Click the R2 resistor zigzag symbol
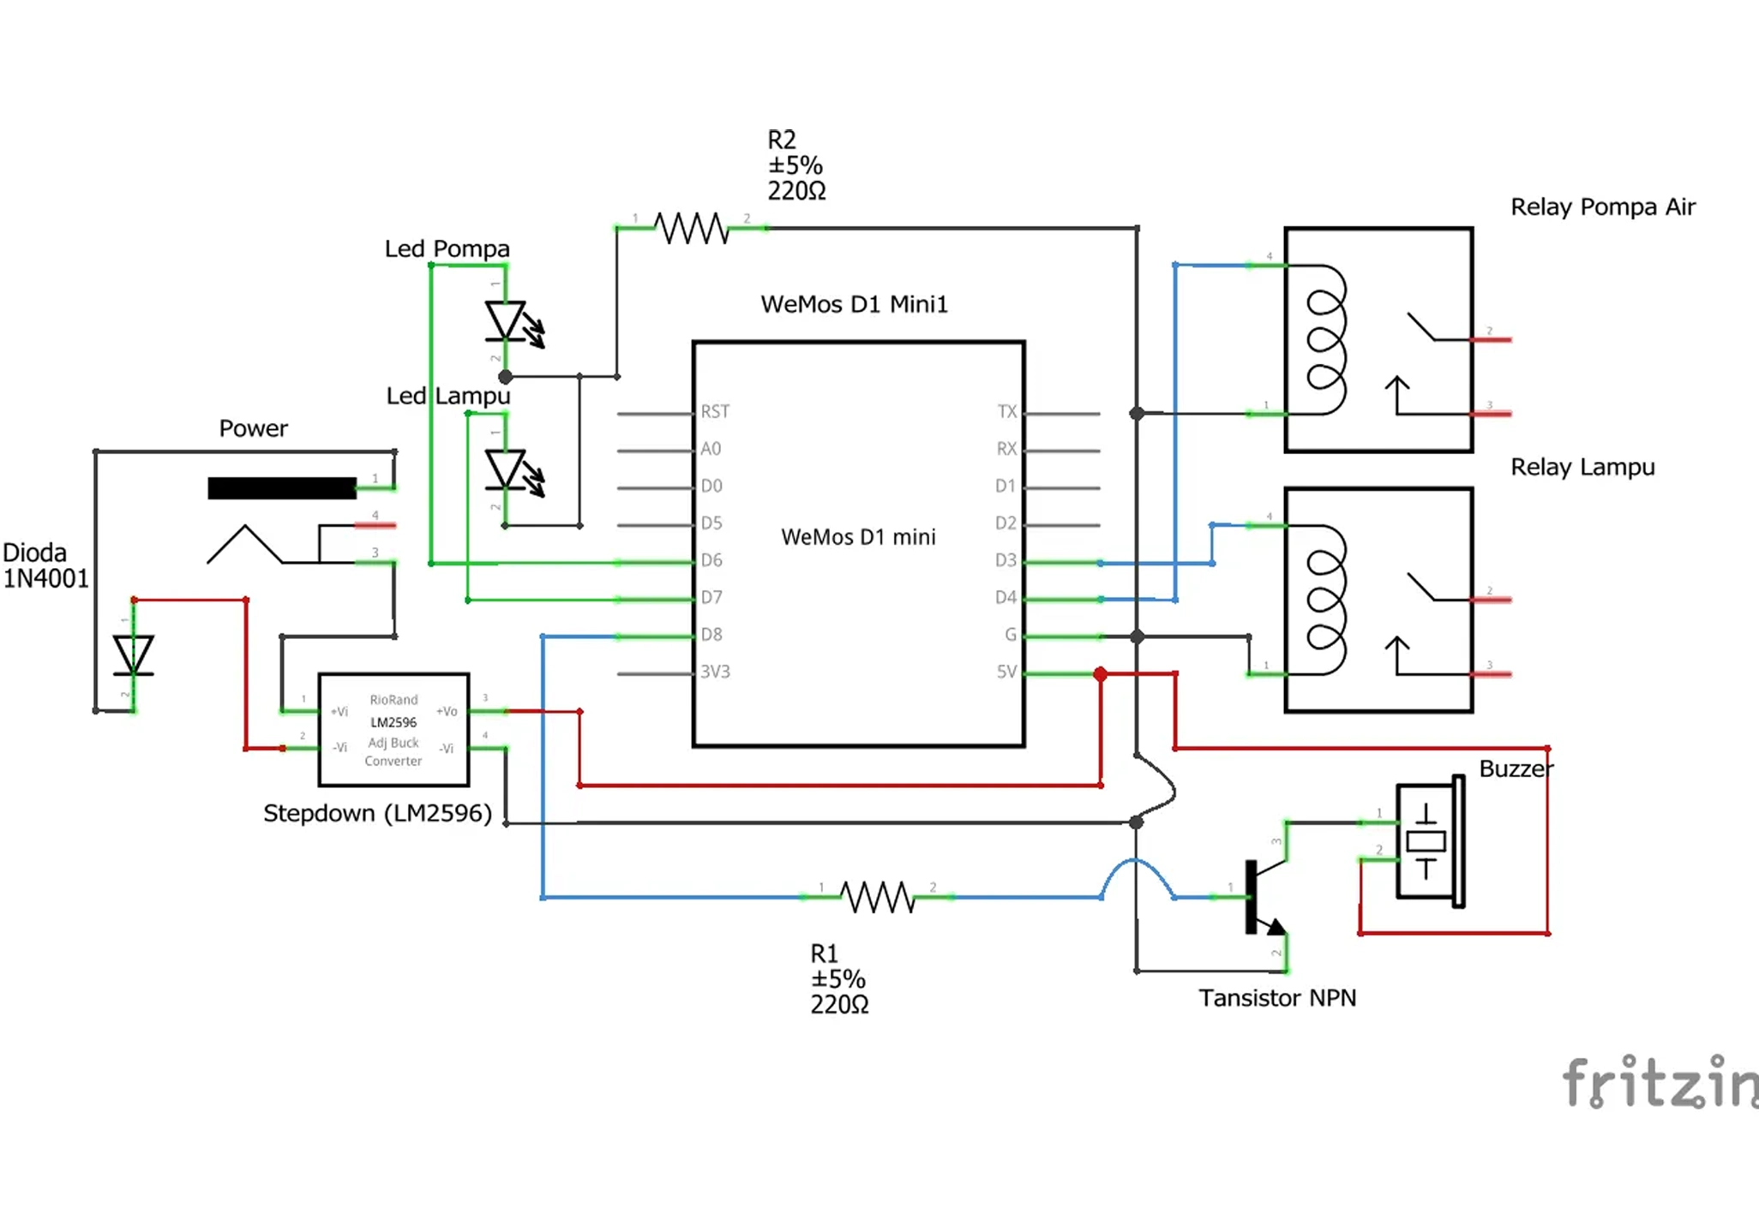point(691,229)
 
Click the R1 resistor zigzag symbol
point(877,897)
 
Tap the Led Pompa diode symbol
point(506,321)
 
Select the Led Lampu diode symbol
point(506,469)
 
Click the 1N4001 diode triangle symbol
point(134,655)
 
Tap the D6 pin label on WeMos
point(711,560)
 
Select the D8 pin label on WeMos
point(711,635)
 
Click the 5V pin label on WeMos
point(1006,672)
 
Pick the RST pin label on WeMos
point(715,412)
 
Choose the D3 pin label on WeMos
point(1006,560)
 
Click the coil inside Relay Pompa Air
point(1326,340)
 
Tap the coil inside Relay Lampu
point(1326,600)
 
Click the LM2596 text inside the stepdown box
point(393,722)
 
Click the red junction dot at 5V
point(1101,675)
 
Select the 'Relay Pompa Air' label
point(1602,207)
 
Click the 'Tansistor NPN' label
point(1276,998)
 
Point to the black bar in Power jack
point(281,488)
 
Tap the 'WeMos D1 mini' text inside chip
point(858,537)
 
